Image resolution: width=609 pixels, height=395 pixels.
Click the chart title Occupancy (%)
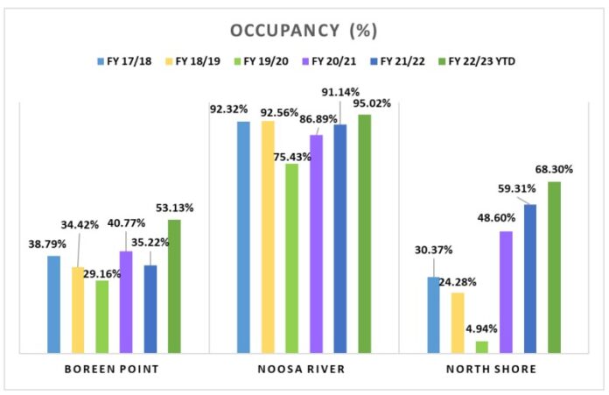[304, 31]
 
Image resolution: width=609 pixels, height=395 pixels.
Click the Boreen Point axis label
[111, 369]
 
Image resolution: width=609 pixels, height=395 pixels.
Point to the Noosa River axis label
[302, 369]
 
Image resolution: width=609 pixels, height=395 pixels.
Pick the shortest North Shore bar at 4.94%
[482, 347]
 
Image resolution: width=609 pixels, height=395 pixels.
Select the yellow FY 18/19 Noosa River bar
[268, 237]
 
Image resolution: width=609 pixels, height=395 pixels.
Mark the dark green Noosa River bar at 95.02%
[364, 234]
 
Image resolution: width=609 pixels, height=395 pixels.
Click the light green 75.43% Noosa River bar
[291, 258]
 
